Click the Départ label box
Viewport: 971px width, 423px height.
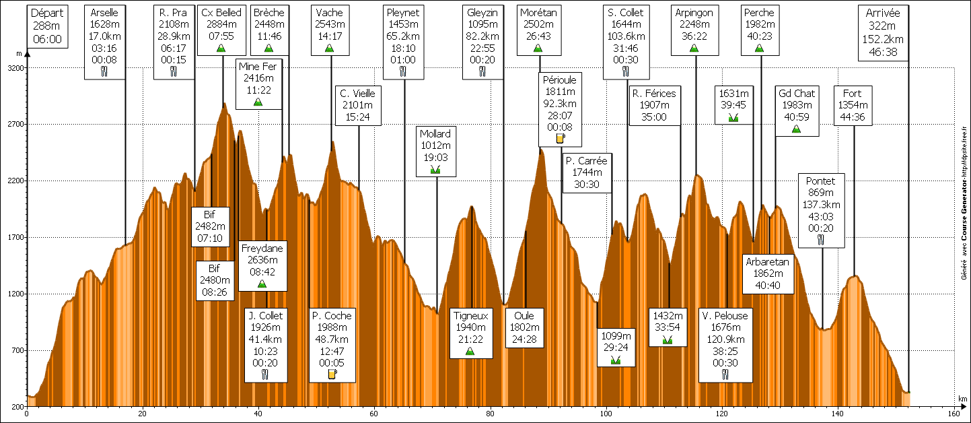point(48,26)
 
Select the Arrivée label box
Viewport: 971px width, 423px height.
point(884,32)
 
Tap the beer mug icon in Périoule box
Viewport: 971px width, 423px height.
point(560,139)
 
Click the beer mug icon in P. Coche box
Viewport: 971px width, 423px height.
point(332,375)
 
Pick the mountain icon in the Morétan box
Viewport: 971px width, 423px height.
point(538,48)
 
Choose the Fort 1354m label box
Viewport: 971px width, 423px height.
point(853,105)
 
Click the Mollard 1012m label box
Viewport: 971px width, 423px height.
point(435,152)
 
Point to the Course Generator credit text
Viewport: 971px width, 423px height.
point(964,203)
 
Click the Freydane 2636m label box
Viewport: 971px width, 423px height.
point(262,265)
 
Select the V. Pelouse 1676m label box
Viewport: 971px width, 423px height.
point(724,345)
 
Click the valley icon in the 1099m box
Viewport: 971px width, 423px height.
point(615,360)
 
